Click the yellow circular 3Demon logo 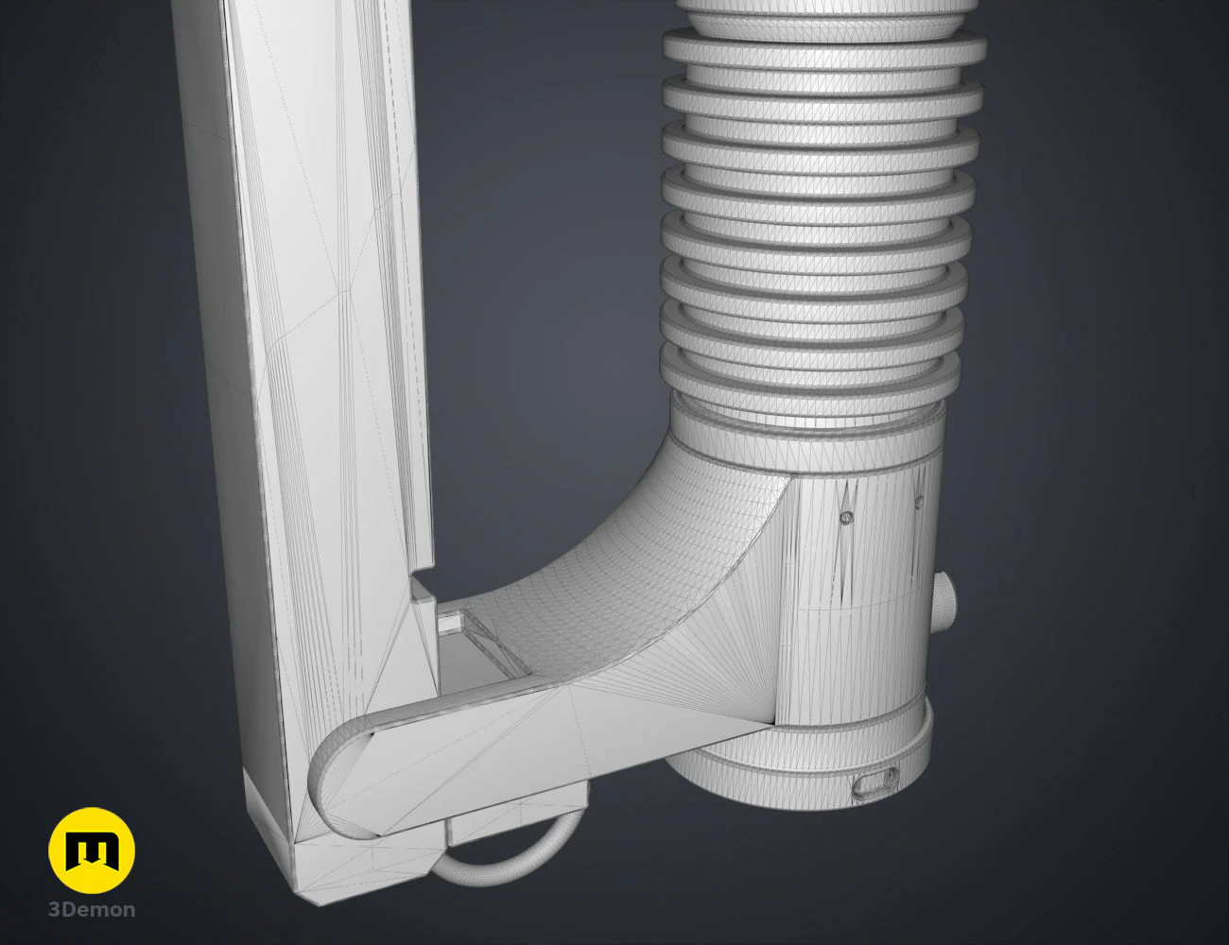click(92, 850)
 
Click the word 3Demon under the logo click(92, 910)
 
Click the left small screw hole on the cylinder click(846, 517)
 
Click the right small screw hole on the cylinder click(920, 500)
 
